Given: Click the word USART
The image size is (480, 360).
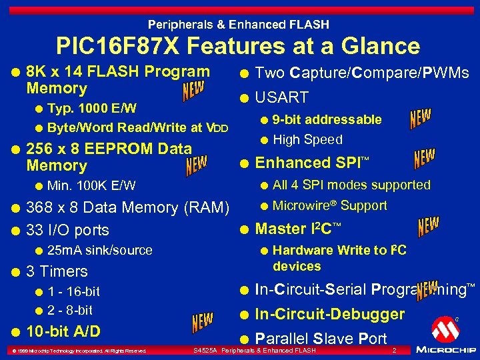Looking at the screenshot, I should point(282,98).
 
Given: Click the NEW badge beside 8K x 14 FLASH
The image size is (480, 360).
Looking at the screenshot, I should point(194,92).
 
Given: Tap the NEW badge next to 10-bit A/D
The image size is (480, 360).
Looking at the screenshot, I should point(203,323).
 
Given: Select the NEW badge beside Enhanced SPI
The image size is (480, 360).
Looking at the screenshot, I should point(424,158).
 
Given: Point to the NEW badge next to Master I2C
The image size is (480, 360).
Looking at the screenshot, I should point(428,227).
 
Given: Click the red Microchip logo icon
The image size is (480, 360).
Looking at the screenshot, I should point(445,329).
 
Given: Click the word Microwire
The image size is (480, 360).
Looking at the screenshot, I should point(299,205).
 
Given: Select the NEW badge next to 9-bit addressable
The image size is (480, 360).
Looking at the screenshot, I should point(420,119).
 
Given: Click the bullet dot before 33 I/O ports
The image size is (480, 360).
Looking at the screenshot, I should point(14,230).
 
